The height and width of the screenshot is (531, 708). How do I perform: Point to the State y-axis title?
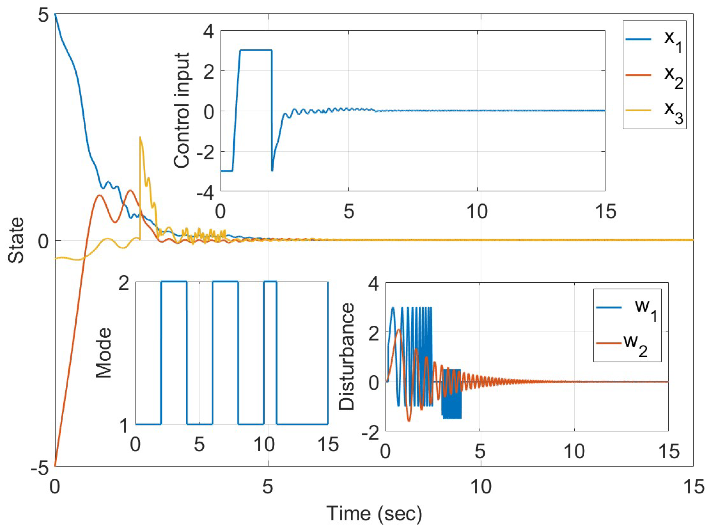pyautogui.click(x=16, y=240)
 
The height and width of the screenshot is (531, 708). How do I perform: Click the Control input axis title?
pyautogui.click(x=182, y=111)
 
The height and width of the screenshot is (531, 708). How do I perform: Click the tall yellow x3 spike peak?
pyautogui.click(x=140, y=137)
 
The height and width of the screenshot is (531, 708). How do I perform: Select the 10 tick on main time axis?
pyautogui.click(x=481, y=487)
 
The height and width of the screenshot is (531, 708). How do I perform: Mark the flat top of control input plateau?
pyautogui.click(x=256, y=50)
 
